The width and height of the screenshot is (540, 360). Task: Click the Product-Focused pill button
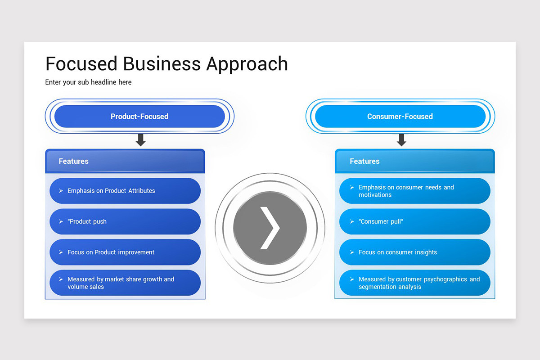coord(139,117)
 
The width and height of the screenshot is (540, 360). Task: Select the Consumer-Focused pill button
coord(400,117)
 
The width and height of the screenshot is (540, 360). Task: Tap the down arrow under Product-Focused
coord(141,140)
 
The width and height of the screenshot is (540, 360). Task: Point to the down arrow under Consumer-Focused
coord(401,140)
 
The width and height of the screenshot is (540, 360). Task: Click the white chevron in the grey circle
coord(270,228)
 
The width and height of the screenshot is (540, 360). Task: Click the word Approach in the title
coord(247,64)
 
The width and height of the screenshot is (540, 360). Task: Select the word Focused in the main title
coord(81,63)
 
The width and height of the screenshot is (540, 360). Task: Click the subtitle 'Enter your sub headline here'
coord(88,82)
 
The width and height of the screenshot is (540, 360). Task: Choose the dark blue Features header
coord(125,161)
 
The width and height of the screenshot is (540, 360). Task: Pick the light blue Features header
coord(414,161)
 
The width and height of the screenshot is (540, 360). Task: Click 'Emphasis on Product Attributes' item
coord(125,191)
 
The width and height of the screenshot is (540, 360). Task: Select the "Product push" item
coord(125,221)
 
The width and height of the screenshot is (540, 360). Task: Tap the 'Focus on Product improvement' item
coord(125,252)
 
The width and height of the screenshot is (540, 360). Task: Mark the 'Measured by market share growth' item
coord(125,283)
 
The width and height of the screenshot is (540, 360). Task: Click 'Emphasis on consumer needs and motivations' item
coord(414,191)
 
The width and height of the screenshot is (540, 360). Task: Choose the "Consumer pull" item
coord(414,221)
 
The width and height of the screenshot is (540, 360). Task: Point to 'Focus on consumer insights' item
coord(414,252)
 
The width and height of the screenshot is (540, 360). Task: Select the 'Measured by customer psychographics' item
coord(414,283)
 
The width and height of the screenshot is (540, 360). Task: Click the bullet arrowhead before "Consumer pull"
coord(352,222)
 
